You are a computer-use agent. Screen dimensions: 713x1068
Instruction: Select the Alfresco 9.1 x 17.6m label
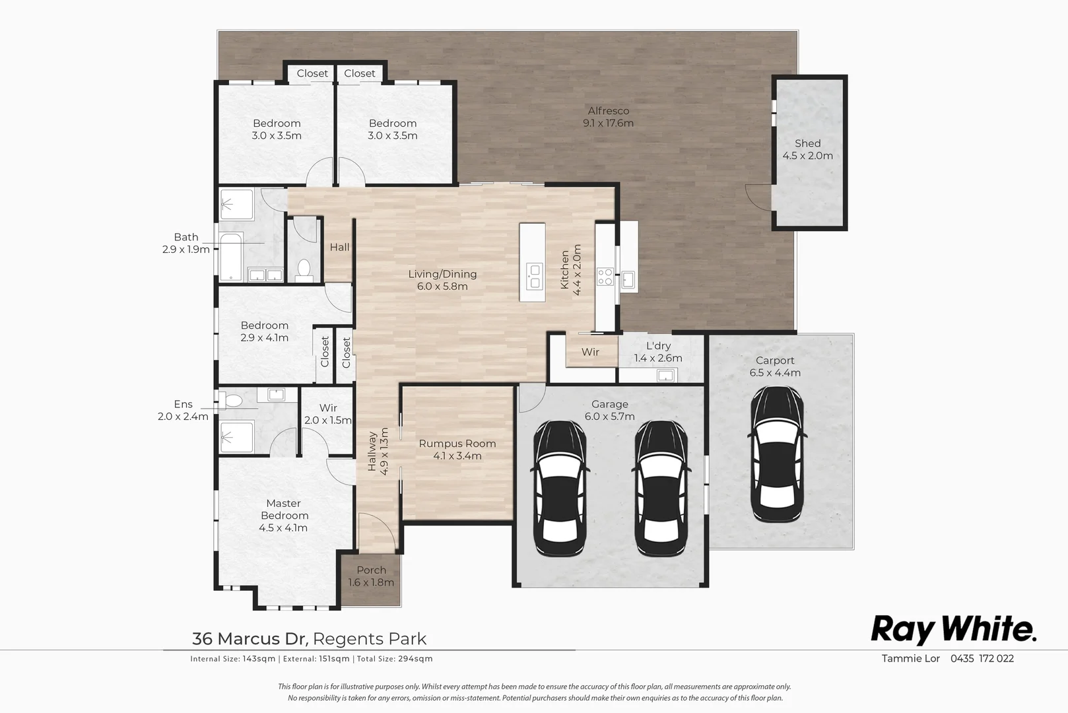pos(608,117)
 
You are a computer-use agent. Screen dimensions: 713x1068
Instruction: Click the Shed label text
pos(807,144)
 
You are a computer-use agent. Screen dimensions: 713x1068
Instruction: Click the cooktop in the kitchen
pos(605,277)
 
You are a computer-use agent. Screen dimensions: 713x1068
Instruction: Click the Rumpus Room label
pos(457,450)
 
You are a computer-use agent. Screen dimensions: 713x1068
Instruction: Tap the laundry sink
pos(665,376)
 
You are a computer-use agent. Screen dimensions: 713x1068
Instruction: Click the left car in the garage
pos(559,488)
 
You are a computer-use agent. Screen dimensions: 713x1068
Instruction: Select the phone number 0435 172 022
pos(982,658)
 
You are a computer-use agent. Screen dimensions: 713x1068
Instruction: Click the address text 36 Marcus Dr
pos(250,639)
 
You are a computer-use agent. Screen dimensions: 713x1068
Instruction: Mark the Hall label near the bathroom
pos(339,247)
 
